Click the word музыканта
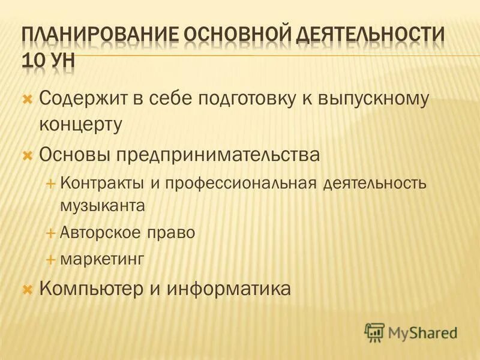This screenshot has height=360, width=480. pyautogui.click(x=103, y=206)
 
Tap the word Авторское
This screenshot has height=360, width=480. pyautogui.click(x=103, y=233)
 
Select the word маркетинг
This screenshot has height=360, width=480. pyautogui.click(x=103, y=259)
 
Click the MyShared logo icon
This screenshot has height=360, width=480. pyautogui.click(x=374, y=332)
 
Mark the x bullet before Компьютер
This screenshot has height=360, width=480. pyautogui.click(x=26, y=289)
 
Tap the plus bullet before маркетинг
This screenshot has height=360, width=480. pyautogui.click(x=50, y=259)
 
